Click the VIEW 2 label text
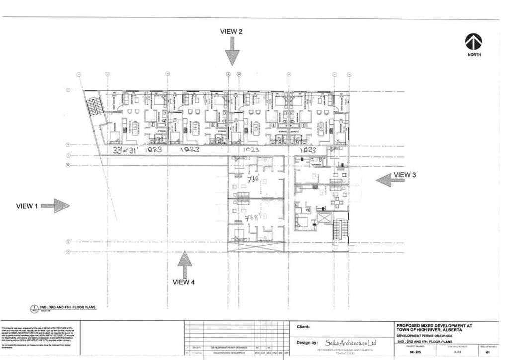[x=231, y=31]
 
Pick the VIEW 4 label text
[x=184, y=282]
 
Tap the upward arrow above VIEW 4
[x=184, y=264]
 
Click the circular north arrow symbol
[x=474, y=41]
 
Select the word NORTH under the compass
[x=474, y=54]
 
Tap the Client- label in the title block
[x=306, y=327]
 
